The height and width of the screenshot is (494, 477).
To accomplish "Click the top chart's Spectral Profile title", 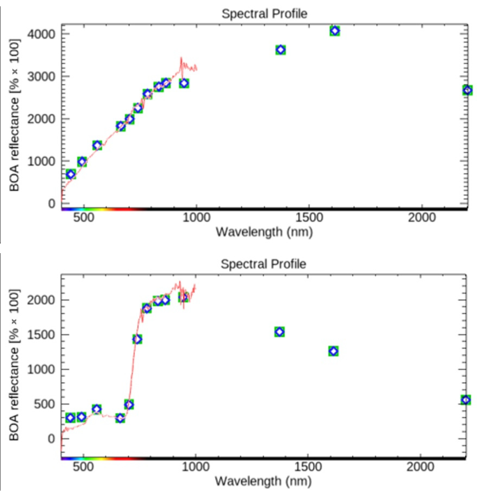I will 264,14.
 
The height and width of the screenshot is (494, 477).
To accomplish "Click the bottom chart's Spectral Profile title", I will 263,264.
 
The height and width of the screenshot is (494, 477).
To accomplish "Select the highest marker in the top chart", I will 335,31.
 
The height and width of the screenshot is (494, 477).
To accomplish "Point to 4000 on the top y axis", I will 41,34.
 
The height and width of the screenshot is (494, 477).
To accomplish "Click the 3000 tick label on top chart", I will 41,77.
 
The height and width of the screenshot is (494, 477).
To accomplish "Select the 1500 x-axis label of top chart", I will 309,217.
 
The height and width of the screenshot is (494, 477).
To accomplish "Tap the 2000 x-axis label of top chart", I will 422,217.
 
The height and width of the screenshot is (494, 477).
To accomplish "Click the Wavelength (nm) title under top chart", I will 264,232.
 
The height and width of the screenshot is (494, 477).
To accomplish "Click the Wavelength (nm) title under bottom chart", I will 263,481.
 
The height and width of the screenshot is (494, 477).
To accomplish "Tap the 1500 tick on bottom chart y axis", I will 41,335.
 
